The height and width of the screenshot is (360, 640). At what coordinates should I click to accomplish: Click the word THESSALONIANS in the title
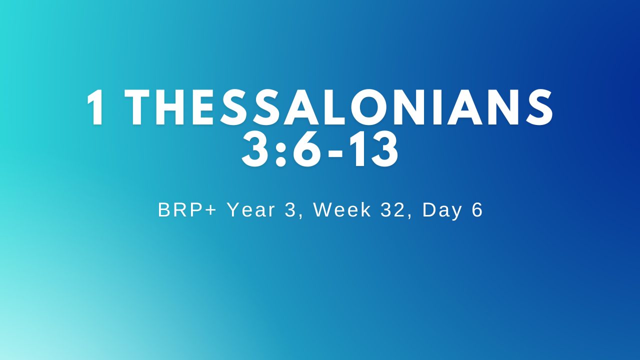[339, 107]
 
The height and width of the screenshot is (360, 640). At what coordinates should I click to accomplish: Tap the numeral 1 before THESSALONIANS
[95, 107]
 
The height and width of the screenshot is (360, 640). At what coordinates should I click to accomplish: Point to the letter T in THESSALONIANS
[137, 107]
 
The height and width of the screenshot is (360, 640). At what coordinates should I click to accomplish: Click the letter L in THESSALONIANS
[338, 107]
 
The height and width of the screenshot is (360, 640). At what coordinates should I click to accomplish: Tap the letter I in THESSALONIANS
[437, 107]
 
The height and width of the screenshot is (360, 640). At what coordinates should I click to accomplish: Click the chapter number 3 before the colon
[255, 149]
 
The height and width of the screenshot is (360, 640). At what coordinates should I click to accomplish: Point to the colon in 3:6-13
[280, 152]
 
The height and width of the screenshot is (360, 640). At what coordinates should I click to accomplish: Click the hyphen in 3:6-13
[335, 153]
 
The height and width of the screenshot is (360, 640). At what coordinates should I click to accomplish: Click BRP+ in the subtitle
[187, 210]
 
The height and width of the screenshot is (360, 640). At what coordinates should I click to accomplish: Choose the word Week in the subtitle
[342, 210]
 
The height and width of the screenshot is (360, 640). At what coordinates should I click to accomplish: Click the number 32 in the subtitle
[393, 210]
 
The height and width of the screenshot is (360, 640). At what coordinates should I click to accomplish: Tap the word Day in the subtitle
[442, 210]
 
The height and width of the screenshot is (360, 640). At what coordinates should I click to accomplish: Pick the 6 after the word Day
[477, 210]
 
